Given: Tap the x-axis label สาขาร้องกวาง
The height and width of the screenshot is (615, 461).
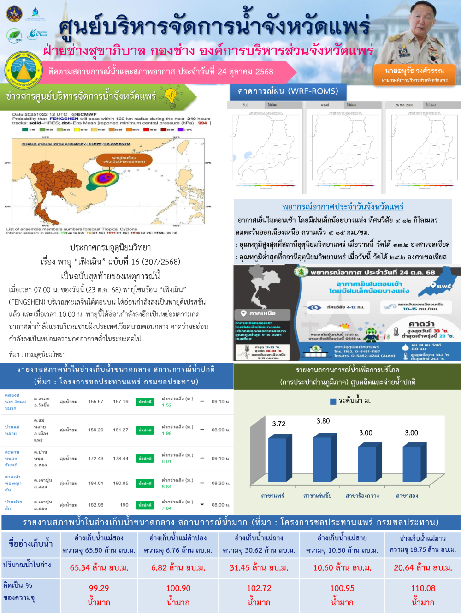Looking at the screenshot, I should pyautogui.click(x=362, y=496).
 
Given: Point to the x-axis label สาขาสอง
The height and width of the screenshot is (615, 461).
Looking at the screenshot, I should pyautogui.click(x=407, y=496).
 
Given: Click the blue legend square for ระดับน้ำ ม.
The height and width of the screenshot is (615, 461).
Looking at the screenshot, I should pyautogui.click(x=333, y=401).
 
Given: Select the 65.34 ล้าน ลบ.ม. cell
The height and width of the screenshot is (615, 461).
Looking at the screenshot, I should pyautogui.click(x=99, y=567).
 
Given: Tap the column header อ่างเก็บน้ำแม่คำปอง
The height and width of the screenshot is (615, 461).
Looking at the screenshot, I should pyautogui.click(x=178, y=538).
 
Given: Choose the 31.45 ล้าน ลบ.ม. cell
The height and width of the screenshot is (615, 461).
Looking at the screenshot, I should pyautogui.click(x=259, y=567).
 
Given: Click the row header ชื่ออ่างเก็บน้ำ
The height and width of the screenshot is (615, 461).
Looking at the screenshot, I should pyautogui.click(x=30, y=543).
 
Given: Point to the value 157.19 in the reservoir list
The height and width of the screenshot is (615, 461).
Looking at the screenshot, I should pyautogui.click(x=121, y=402).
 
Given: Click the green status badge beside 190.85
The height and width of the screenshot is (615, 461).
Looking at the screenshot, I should pyautogui.click(x=145, y=483).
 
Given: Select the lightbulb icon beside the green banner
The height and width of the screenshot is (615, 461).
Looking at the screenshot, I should pyautogui.click(x=171, y=96).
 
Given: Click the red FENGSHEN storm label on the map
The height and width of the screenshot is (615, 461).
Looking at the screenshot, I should pyautogui.click(x=123, y=160).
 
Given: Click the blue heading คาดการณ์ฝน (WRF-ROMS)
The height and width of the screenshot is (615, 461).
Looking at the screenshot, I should pyautogui.click(x=288, y=91).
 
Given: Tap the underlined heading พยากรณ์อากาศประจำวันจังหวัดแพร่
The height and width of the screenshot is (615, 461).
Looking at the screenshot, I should pyautogui.click(x=343, y=207).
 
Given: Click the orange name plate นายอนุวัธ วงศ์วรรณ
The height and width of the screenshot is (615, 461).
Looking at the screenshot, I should pyautogui.click(x=414, y=74).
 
